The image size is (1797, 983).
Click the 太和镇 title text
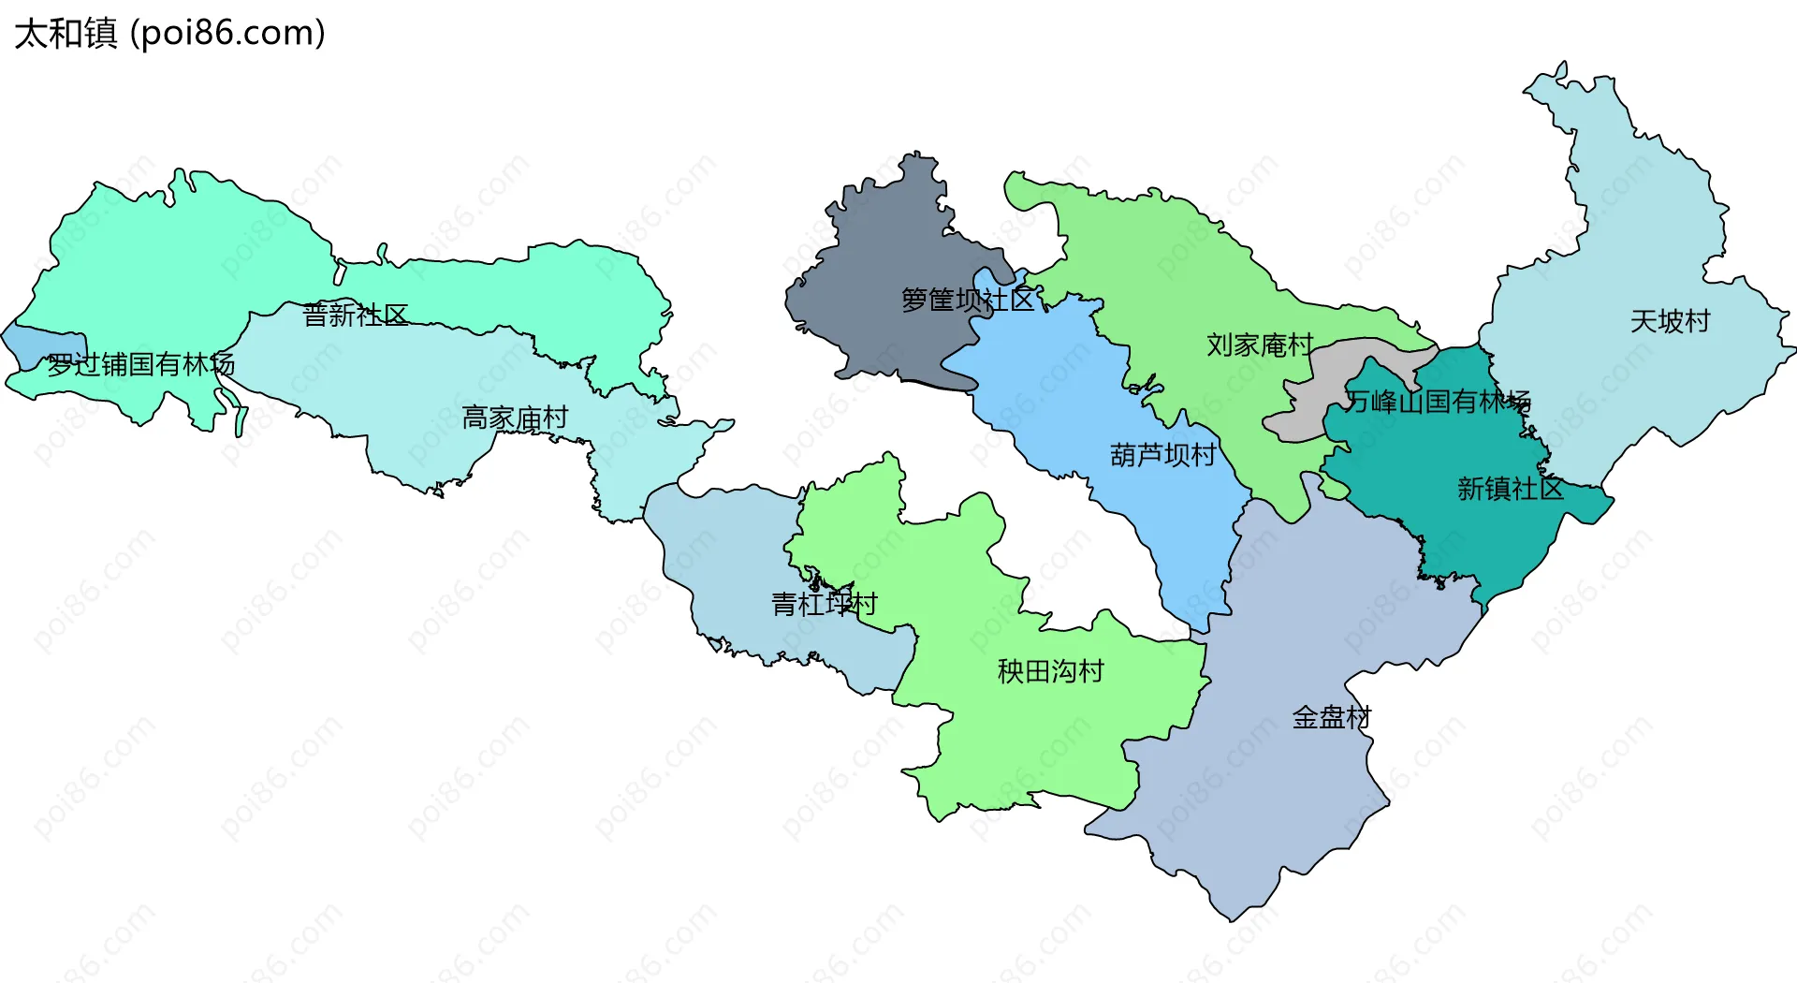[66, 33]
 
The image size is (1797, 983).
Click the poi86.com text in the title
[227, 33]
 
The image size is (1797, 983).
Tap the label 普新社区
[356, 315]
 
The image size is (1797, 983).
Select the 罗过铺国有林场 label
[140, 364]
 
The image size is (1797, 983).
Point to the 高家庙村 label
[515, 418]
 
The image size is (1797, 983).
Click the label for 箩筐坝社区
[968, 300]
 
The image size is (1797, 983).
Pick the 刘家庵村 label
[1260, 345]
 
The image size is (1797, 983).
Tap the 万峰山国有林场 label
[1438, 402]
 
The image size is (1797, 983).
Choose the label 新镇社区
[1510, 489]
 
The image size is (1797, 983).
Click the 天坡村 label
[1670, 322]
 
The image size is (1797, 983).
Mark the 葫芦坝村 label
[1162, 455]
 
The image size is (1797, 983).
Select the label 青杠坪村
[824, 604]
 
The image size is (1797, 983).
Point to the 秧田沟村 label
[1050, 671]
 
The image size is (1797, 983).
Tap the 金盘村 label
[1331, 718]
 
